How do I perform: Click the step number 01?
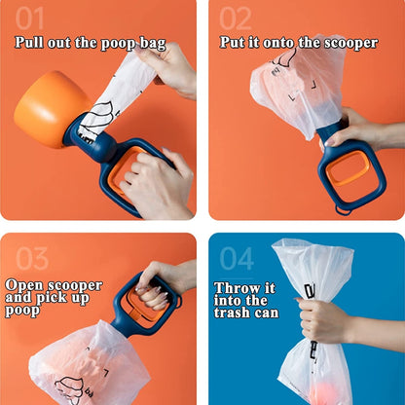[x=29, y=18]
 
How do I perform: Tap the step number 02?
[x=236, y=18]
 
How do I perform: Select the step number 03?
[x=32, y=258]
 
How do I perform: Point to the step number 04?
[x=237, y=258]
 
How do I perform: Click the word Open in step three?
[x=24, y=286]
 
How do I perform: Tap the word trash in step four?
[x=233, y=313]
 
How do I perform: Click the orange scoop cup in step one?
[x=52, y=109]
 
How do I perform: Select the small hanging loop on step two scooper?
[x=344, y=210]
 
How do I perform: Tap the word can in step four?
[x=267, y=313]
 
